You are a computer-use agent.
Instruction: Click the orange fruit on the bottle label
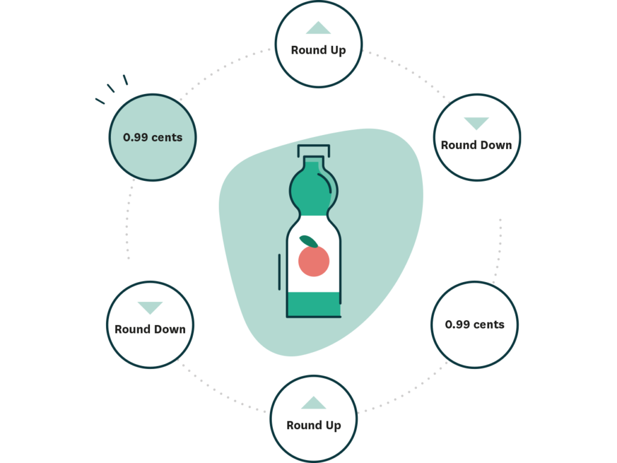314,261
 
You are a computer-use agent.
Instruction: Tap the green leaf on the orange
308,241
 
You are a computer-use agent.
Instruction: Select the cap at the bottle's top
313,150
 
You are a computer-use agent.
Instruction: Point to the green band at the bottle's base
313,304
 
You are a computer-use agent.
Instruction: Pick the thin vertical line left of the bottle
279,271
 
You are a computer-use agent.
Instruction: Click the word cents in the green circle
166,137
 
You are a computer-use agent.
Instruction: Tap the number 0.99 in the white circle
457,324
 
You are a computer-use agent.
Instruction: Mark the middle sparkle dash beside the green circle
111,88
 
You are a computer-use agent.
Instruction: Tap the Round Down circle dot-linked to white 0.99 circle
476,137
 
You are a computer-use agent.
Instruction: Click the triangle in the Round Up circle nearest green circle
318,28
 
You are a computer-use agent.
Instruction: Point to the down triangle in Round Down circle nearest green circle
150,308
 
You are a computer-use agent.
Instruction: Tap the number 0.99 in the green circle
136,137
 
